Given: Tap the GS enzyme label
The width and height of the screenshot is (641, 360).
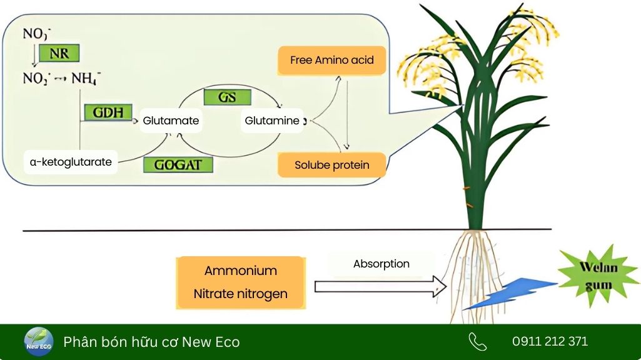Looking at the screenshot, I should pyautogui.click(x=227, y=97).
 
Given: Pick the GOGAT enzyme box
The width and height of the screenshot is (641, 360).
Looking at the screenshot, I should pyautogui.click(x=178, y=164).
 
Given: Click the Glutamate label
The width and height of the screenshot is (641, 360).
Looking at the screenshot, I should pyautogui.click(x=171, y=121).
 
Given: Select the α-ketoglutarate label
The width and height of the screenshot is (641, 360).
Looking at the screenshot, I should pyautogui.click(x=71, y=162).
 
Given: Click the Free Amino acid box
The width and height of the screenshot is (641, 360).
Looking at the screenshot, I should pyautogui.click(x=331, y=61).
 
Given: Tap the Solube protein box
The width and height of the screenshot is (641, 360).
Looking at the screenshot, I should pyautogui.click(x=331, y=165).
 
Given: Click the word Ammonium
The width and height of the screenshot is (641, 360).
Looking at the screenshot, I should pyautogui.click(x=240, y=271).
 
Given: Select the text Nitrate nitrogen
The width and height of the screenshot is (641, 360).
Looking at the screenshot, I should pyautogui.click(x=240, y=293).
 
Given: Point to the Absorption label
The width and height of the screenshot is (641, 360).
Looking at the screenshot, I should pyautogui.click(x=381, y=264).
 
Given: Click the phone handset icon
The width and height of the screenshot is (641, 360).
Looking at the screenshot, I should pyautogui.click(x=477, y=341).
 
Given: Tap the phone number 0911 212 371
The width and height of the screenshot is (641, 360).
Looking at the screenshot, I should pyautogui.click(x=550, y=341).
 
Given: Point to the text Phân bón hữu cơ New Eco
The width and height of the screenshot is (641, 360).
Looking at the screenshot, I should pyautogui.click(x=151, y=342).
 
